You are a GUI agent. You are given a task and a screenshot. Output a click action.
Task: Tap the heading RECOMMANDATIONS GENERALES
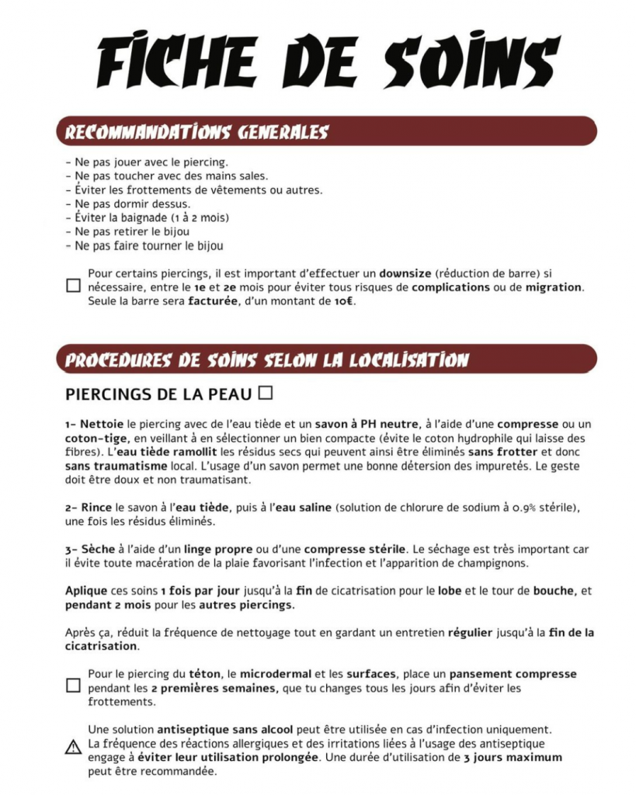[x=196, y=132]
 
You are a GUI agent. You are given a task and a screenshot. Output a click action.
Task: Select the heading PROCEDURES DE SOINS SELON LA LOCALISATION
[x=267, y=360]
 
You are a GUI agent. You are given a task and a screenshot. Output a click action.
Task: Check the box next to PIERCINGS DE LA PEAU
[x=266, y=393]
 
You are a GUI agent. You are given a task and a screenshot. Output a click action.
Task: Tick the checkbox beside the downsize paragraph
[x=73, y=286]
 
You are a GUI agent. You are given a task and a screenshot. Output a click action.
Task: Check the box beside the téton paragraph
[x=73, y=686]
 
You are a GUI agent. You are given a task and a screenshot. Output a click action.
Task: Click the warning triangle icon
[x=73, y=748]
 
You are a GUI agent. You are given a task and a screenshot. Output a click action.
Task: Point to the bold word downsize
[x=405, y=273]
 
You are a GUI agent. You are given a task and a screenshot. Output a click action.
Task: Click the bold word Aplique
[x=86, y=591]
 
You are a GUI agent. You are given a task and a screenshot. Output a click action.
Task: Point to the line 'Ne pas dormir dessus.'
[x=128, y=204]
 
